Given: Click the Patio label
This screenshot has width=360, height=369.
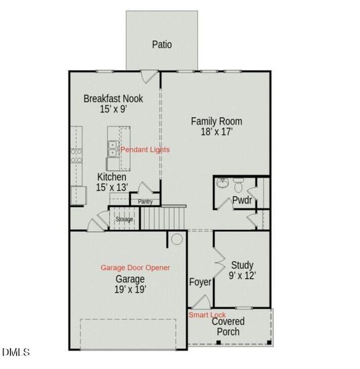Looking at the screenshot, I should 162,44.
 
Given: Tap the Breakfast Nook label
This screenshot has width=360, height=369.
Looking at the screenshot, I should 113,98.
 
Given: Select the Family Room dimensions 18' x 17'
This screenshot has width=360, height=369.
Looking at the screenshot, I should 215,132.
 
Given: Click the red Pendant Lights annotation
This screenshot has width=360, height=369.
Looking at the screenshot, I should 145,149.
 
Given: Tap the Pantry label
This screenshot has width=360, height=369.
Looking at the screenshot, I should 145,201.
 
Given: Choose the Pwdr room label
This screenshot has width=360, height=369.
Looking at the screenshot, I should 241,200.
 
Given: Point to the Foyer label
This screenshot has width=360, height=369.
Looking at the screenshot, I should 201,282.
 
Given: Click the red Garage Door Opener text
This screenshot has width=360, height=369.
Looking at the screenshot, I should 135,268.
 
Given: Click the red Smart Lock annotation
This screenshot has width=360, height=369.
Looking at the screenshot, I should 207,315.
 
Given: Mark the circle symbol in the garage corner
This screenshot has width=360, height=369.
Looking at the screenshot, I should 177,239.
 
